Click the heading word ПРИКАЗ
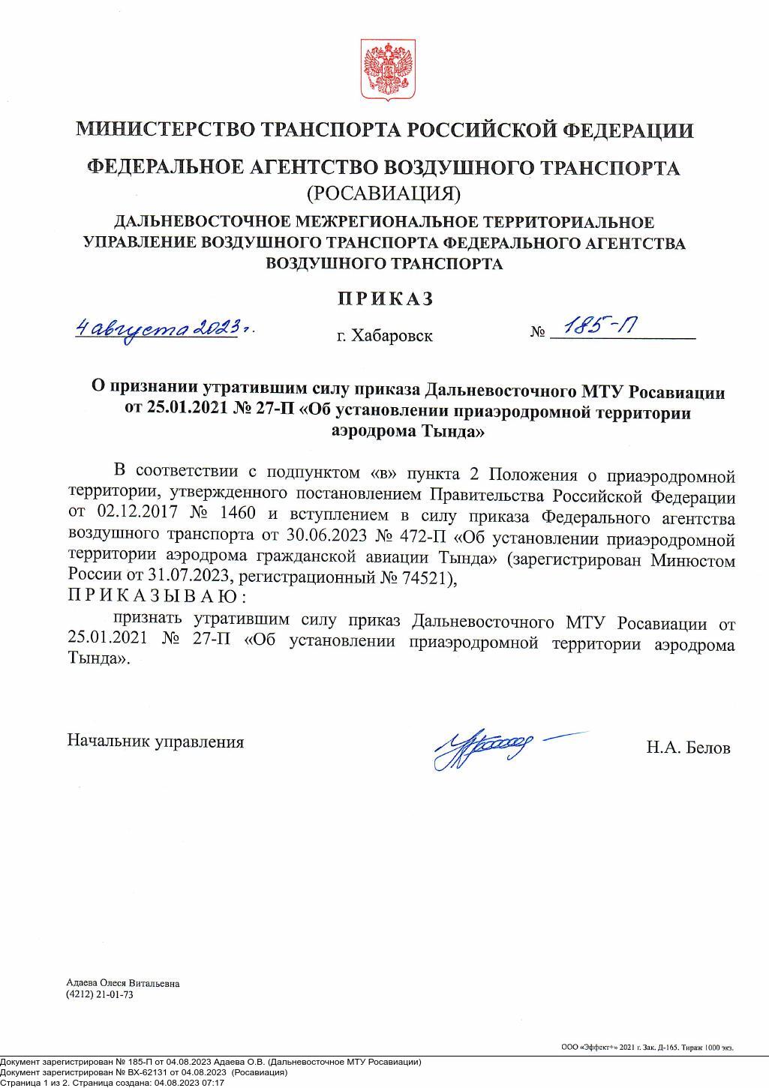[385, 298]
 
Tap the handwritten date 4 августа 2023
[163, 328]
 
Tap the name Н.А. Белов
[688, 748]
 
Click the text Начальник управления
[156, 742]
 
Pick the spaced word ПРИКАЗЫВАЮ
[157, 597]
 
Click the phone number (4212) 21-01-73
[100, 994]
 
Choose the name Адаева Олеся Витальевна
[123, 983]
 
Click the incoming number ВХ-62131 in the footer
[131, 1072]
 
